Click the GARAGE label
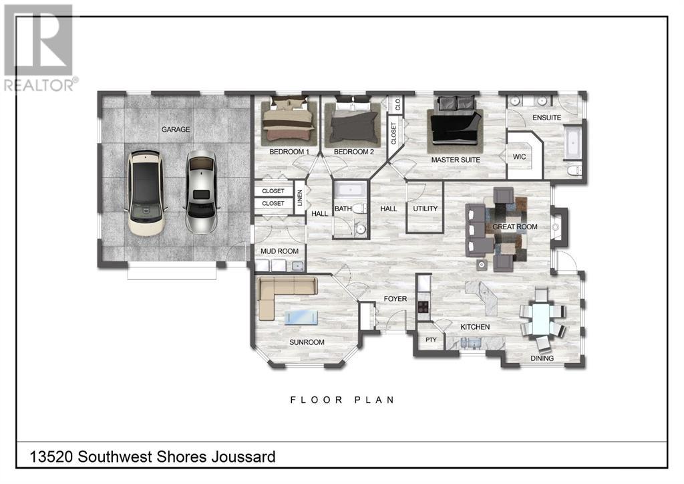coord(176,129)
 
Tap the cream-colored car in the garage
coord(146,193)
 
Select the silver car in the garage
coord(201,192)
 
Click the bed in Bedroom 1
coord(289,121)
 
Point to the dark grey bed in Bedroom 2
coord(353,122)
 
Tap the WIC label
coord(519,156)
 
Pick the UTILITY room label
coord(425,209)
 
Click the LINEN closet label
coord(300,198)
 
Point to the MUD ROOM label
coord(279,251)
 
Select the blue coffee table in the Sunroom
coord(301,317)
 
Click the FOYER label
coord(395,299)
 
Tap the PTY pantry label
coord(431,340)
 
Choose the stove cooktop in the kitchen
coord(423,307)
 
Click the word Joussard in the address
coord(243,457)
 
